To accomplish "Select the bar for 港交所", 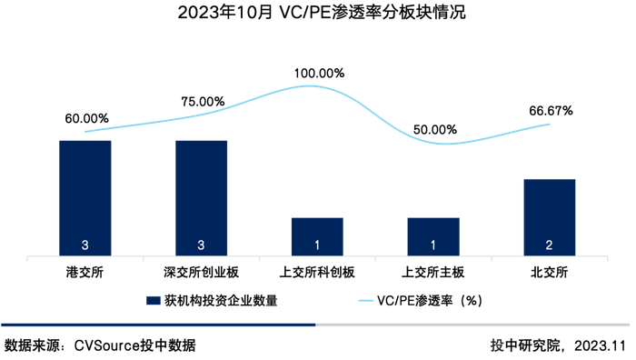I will coord(85,195).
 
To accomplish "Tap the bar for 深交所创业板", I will coord(201,195).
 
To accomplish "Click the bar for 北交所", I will coord(550,215).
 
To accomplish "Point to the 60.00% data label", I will coord(87,118).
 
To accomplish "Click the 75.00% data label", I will coord(203,102).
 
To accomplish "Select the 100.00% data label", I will coord(319,73).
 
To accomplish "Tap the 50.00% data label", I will coord(435,130).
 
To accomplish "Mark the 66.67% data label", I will coord(551,111).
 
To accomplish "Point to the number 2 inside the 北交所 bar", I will coord(550,245).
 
